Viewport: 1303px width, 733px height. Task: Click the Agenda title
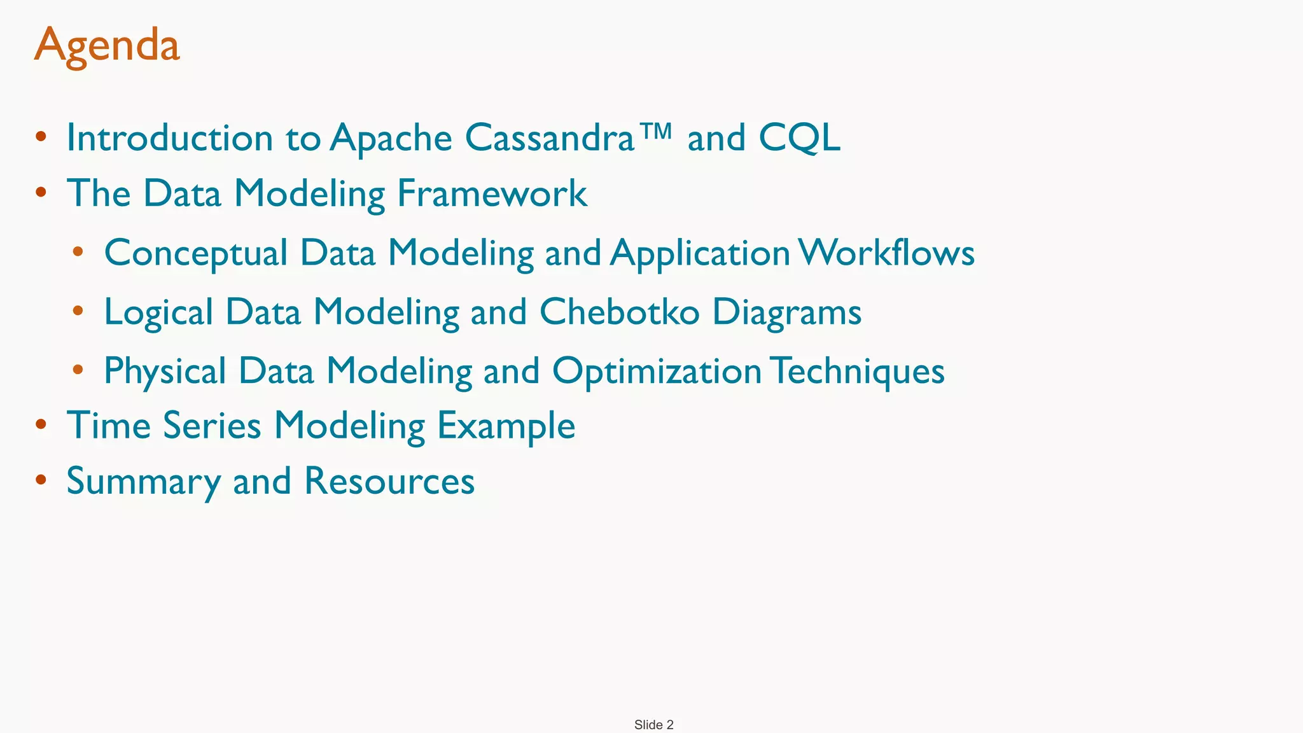107,46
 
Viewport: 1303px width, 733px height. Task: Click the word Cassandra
550,137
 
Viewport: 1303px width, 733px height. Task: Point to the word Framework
492,193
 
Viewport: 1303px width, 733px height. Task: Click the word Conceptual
196,253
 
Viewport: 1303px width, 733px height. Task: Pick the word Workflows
886,253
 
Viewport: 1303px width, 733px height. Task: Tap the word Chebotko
619,312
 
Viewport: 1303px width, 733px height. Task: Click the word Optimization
657,372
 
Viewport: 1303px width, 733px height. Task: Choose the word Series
212,425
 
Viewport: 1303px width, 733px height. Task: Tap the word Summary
143,482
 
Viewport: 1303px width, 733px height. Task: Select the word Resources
389,481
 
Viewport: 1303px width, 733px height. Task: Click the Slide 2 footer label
653,725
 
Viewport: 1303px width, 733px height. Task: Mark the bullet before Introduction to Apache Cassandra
41,136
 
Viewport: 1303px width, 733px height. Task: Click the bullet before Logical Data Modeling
78,311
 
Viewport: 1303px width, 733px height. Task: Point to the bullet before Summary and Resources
41,479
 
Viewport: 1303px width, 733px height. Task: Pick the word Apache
391,139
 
